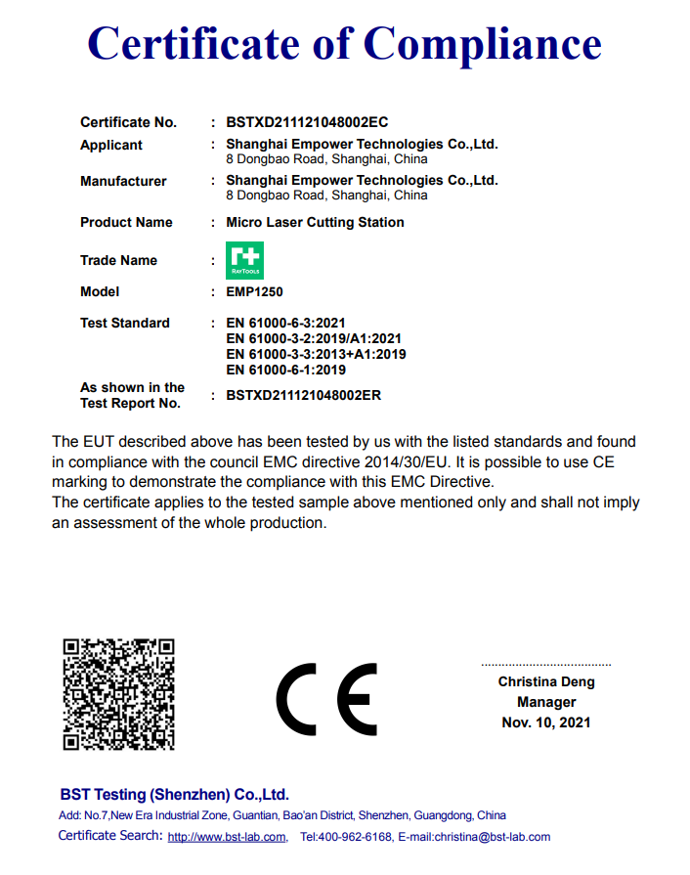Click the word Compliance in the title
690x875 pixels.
click(483, 43)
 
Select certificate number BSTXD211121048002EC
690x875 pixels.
click(307, 122)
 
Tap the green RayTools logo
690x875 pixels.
click(244, 260)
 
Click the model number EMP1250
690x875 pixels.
click(254, 291)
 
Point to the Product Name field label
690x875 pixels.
click(126, 222)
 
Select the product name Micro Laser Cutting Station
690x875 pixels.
click(315, 222)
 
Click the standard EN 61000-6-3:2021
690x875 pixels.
click(285, 323)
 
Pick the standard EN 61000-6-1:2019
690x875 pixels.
click(285, 370)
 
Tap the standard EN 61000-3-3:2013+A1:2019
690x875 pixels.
click(316, 354)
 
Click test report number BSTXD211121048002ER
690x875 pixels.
click(303, 395)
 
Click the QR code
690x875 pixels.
click(118, 693)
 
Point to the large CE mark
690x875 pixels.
click(326, 699)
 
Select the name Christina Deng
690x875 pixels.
click(546, 681)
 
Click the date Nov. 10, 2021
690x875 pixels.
click(546, 722)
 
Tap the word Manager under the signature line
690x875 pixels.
click(546, 702)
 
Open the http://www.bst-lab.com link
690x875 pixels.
click(227, 837)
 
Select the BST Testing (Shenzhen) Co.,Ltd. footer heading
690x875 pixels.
click(174, 794)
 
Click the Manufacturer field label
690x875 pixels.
click(123, 181)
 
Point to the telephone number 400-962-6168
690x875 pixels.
click(357, 837)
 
